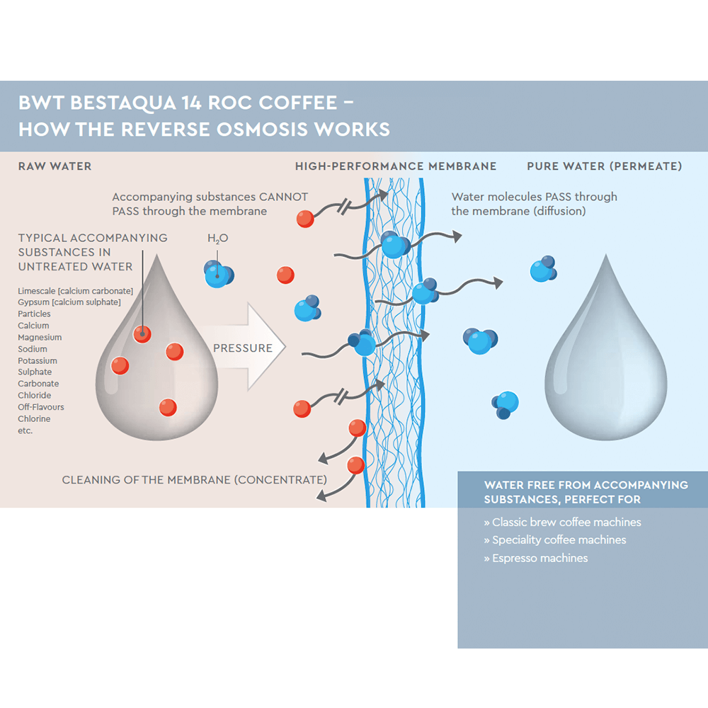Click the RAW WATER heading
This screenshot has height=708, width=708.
(x=55, y=166)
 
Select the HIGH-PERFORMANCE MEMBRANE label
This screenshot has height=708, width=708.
(x=396, y=166)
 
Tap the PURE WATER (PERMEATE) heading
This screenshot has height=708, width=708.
(x=605, y=166)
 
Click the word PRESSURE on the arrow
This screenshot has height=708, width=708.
(x=243, y=348)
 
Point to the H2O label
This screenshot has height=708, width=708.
(x=218, y=239)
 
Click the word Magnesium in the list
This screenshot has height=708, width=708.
(x=40, y=338)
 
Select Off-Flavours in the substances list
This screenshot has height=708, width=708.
(x=41, y=407)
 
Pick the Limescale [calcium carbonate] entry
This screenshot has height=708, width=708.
(x=75, y=291)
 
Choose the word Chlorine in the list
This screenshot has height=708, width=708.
(x=34, y=419)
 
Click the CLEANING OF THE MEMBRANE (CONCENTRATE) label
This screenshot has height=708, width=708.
(x=194, y=480)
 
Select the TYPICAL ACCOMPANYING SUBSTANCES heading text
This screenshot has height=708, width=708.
(x=93, y=252)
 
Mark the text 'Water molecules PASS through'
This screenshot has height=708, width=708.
(x=534, y=197)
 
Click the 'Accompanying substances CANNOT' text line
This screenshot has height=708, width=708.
(x=210, y=197)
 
